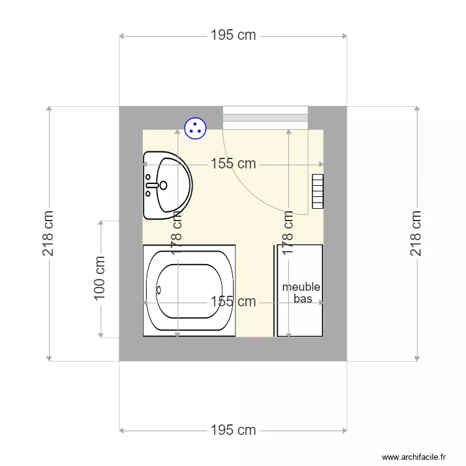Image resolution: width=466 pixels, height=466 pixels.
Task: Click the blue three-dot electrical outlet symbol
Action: pyautogui.click(x=195, y=128)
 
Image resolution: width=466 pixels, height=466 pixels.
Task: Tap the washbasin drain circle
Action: pyautogui.click(x=163, y=185)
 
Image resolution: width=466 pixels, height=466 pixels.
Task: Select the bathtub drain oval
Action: pyautogui.click(x=158, y=290)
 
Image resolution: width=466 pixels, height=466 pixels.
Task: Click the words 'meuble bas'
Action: pyautogui.click(x=301, y=293)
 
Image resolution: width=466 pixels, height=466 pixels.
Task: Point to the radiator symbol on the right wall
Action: pyautogui.click(x=318, y=191)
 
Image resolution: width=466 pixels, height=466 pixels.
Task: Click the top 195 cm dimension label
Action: pyautogui.click(x=233, y=35)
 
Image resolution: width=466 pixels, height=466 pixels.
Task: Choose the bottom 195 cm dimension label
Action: pyautogui.click(x=233, y=430)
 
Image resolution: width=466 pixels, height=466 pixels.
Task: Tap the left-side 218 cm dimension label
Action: pyautogui.click(x=48, y=233)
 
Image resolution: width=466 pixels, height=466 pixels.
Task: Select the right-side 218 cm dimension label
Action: pyautogui.click(x=416, y=233)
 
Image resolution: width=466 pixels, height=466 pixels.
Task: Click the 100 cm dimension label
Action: pyautogui.click(x=99, y=278)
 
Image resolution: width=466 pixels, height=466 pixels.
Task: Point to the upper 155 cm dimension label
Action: pyautogui.click(x=233, y=164)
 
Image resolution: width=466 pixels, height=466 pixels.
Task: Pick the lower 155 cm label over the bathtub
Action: pyautogui.click(x=233, y=301)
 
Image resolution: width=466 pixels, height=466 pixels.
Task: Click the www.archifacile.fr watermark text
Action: pyautogui.click(x=414, y=457)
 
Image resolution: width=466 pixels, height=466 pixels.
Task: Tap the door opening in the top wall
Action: pyautogui.click(x=265, y=117)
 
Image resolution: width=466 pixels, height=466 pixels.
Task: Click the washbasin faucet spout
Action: pyautogui.click(x=152, y=185)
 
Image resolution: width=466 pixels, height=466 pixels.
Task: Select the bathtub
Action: pyautogui.click(x=190, y=291)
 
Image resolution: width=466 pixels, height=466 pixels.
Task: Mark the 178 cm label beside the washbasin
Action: pyautogui.click(x=177, y=233)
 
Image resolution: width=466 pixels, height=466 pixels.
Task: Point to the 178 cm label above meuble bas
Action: pyautogui.click(x=288, y=233)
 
